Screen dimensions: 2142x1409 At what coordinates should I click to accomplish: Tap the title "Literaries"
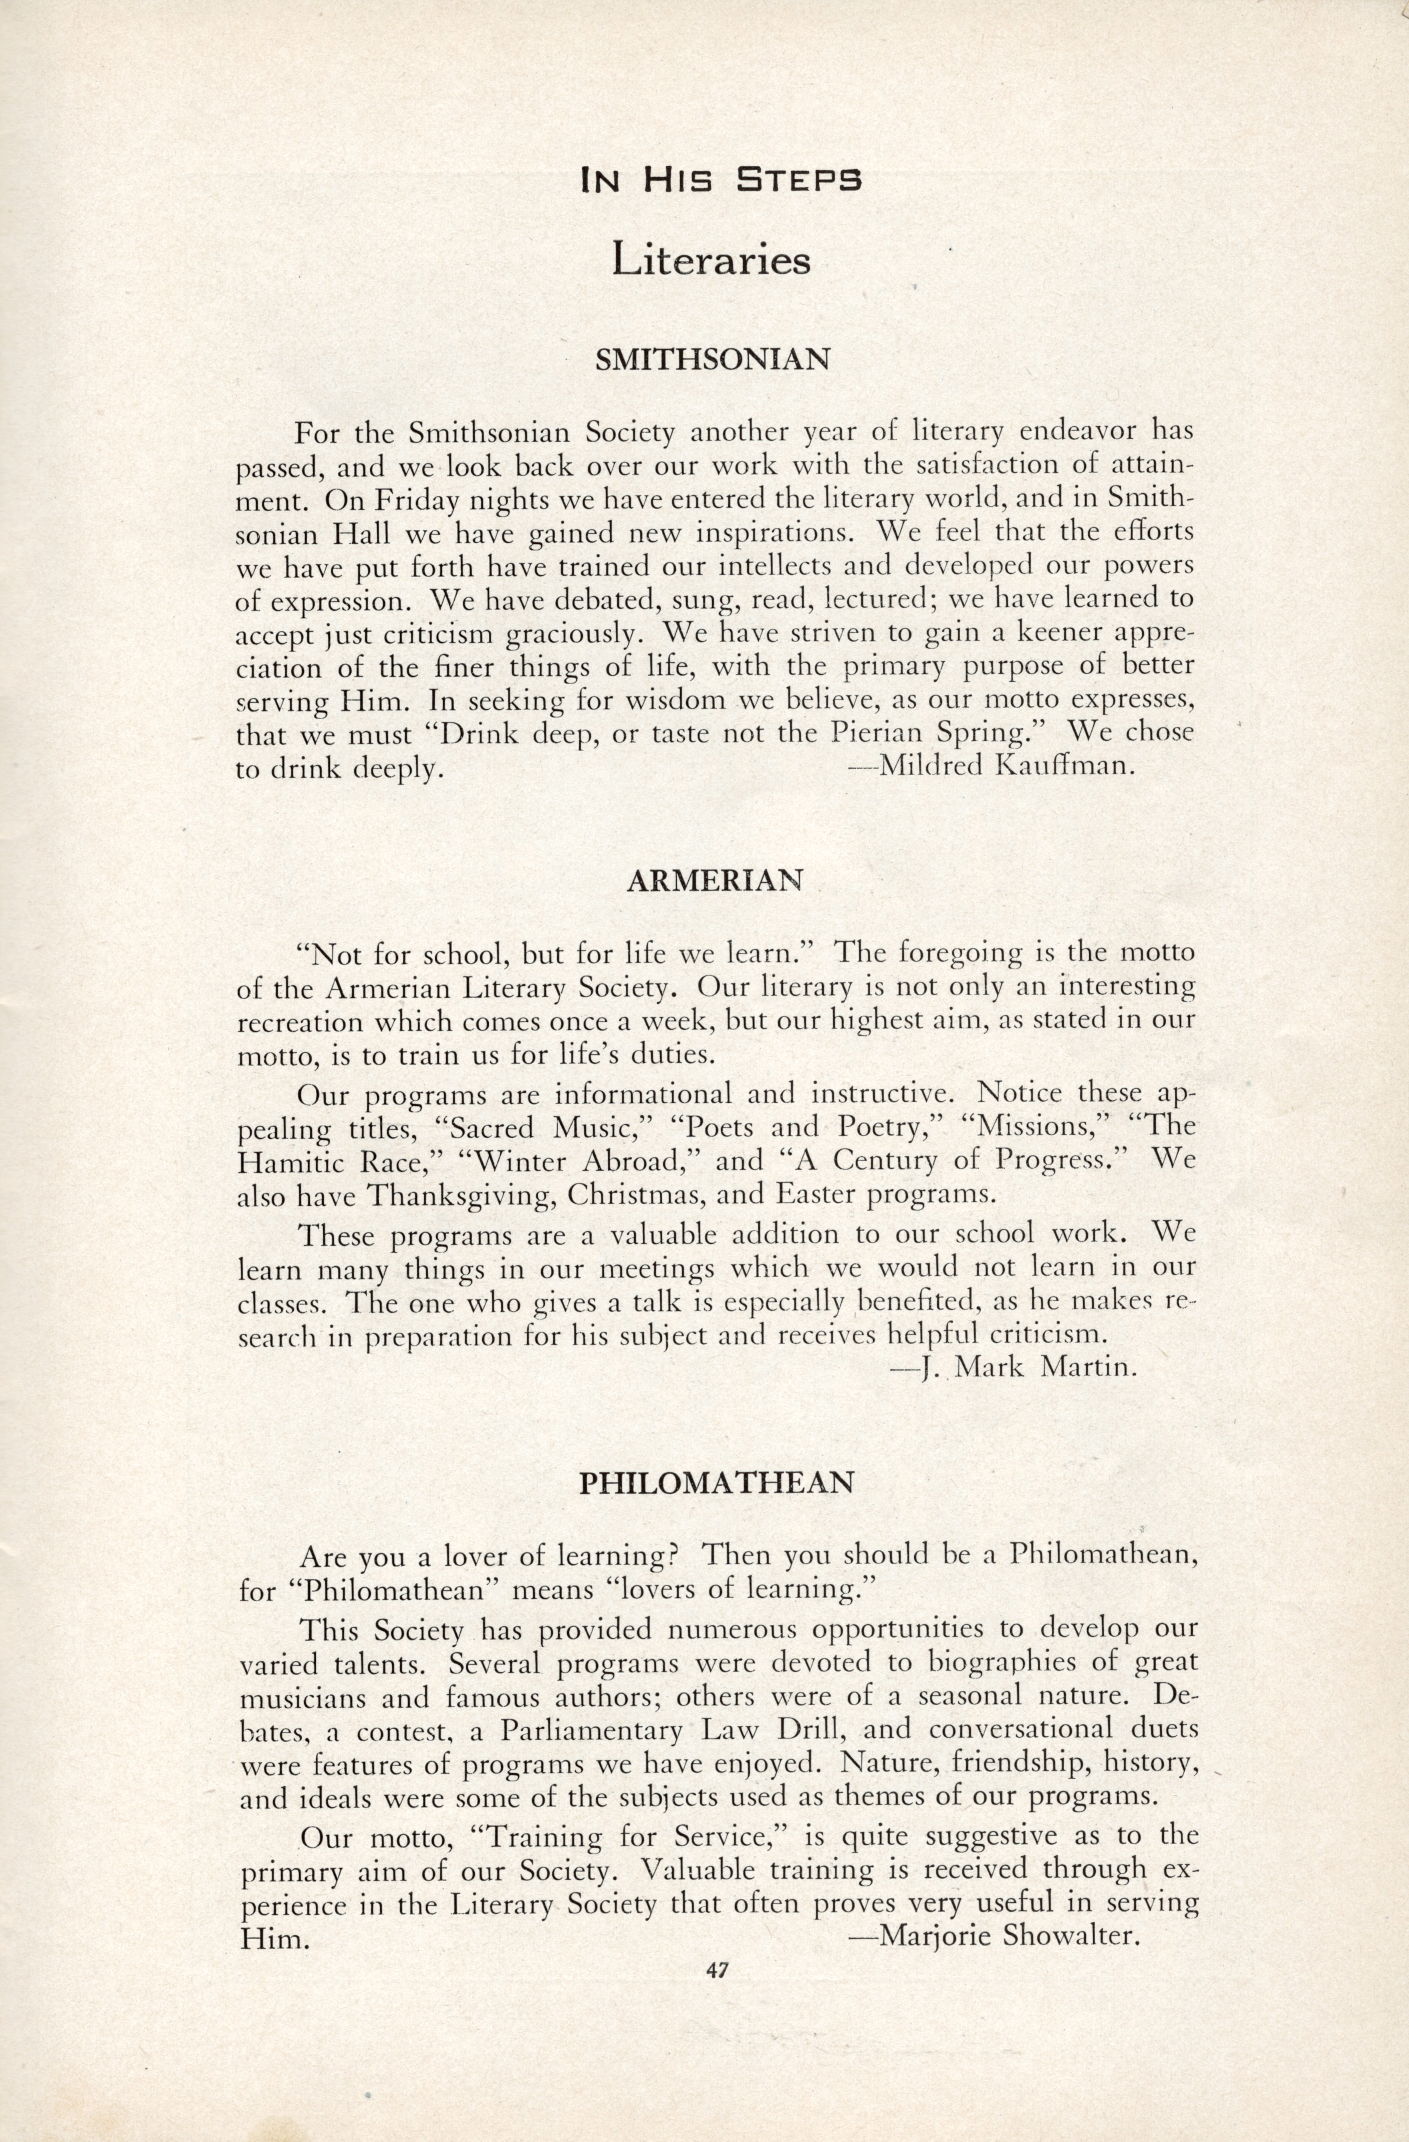coord(711,260)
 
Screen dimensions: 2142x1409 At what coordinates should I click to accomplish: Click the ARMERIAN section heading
coord(713,881)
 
